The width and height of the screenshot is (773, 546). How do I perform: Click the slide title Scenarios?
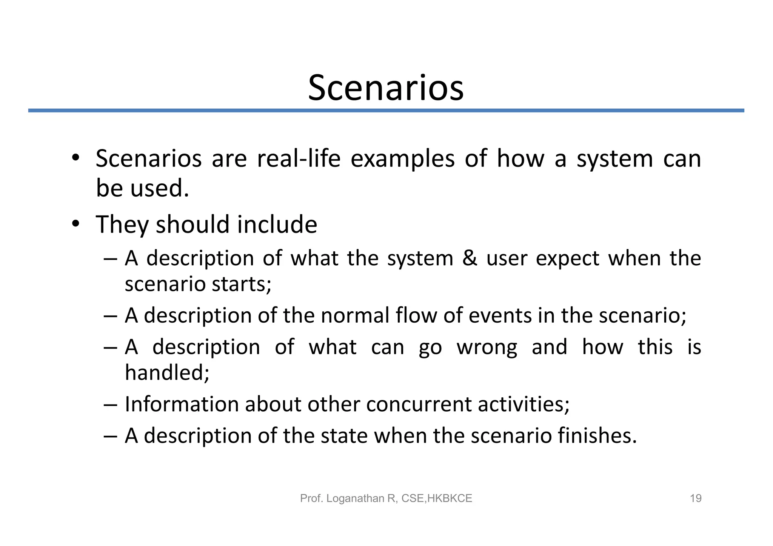click(x=386, y=88)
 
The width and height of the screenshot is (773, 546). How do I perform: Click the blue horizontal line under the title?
click(x=386, y=111)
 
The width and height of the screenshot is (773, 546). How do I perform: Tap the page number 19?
click(x=695, y=498)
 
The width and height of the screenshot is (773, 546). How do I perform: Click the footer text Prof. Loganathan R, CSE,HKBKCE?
click(x=386, y=498)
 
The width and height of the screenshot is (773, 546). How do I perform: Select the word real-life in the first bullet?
click(x=299, y=158)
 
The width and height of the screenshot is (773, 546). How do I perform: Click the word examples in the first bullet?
click(x=402, y=159)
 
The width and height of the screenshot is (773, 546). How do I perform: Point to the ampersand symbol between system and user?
click(x=470, y=259)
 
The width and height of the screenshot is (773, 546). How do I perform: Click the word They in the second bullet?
click(x=122, y=225)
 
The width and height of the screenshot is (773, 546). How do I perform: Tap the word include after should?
click(x=277, y=225)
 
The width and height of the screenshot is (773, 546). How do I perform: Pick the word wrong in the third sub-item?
click(x=487, y=348)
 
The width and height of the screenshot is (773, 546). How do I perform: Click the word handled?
click(x=167, y=373)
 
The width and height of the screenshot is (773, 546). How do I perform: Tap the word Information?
click(x=182, y=404)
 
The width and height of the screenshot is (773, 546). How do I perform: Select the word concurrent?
click(x=419, y=405)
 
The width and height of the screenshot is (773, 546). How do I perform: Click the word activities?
click(x=524, y=404)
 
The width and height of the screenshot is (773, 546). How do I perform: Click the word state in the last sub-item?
click(x=344, y=435)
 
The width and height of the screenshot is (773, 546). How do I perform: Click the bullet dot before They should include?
click(x=75, y=224)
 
